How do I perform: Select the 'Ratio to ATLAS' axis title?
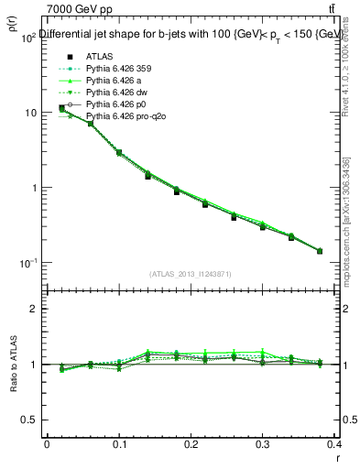pos(12,365)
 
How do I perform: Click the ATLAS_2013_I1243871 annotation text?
pos(191,274)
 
